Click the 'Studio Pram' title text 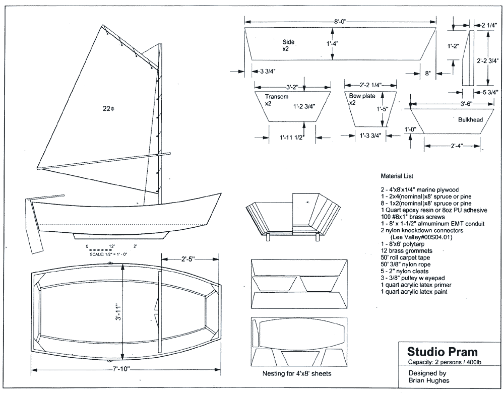click(x=435, y=351)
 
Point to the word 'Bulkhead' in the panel click(x=471, y=119)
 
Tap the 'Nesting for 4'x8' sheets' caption click(x=297, y=374)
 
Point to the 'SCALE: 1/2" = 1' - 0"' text click(x=108, y=255)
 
